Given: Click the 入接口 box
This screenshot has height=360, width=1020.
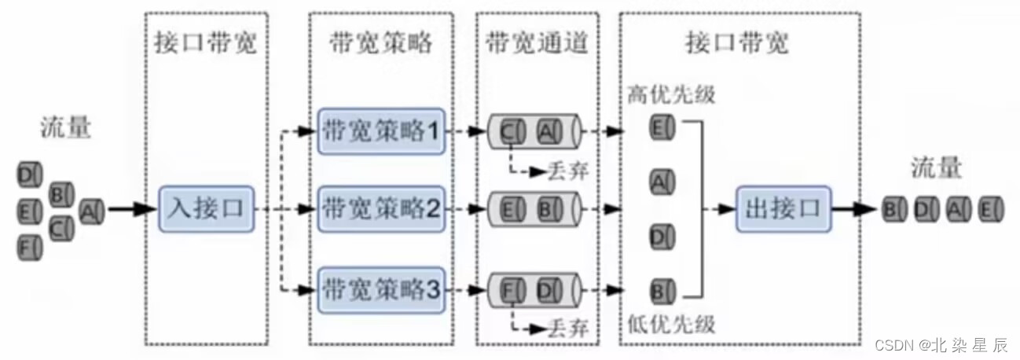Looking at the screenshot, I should (207, 209).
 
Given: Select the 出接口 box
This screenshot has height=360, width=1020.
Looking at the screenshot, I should (783, 209).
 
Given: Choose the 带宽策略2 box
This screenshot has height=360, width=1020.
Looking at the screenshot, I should (380, 209).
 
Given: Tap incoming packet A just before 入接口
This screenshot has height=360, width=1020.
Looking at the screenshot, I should (92, 210).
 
